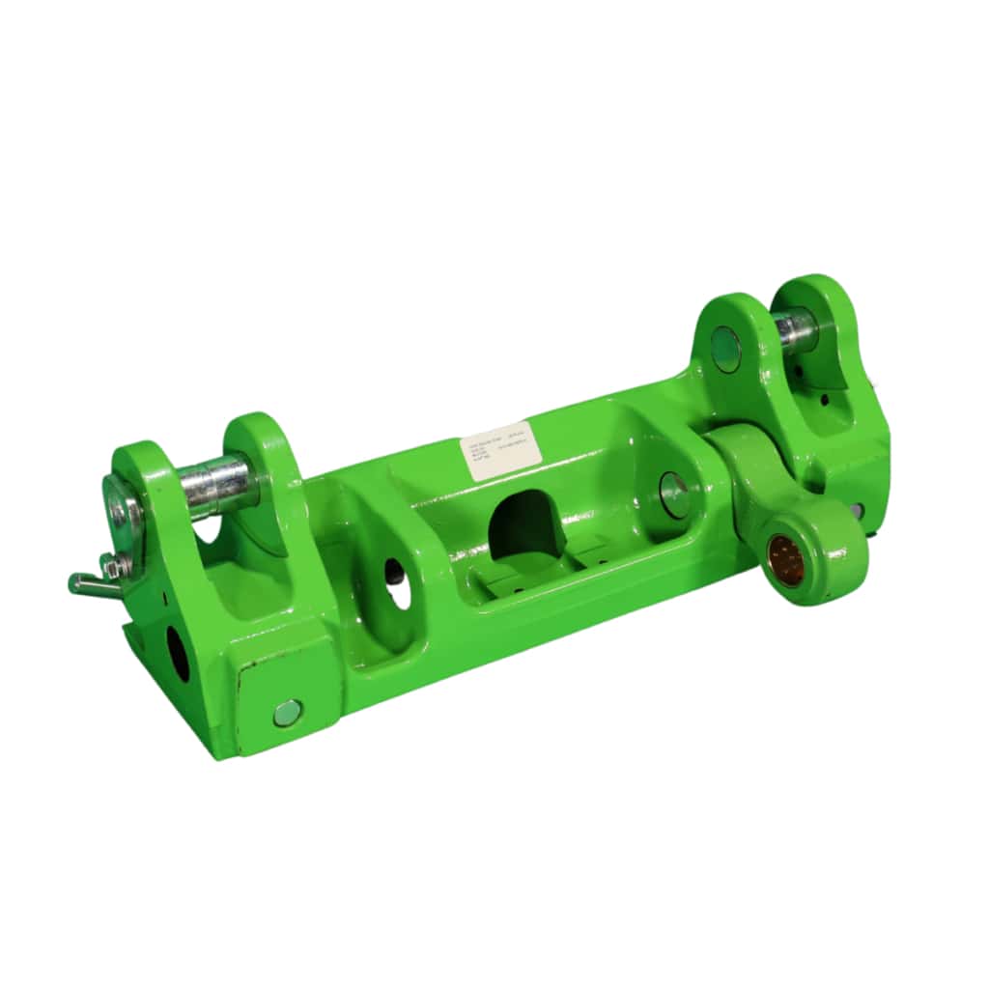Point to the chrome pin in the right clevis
pos(794,330)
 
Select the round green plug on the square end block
pos(287,713)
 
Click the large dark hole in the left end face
pos(179,654)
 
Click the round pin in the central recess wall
pos(674,494)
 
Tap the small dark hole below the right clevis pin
pos(826,397)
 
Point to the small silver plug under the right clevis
pos(857,509)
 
